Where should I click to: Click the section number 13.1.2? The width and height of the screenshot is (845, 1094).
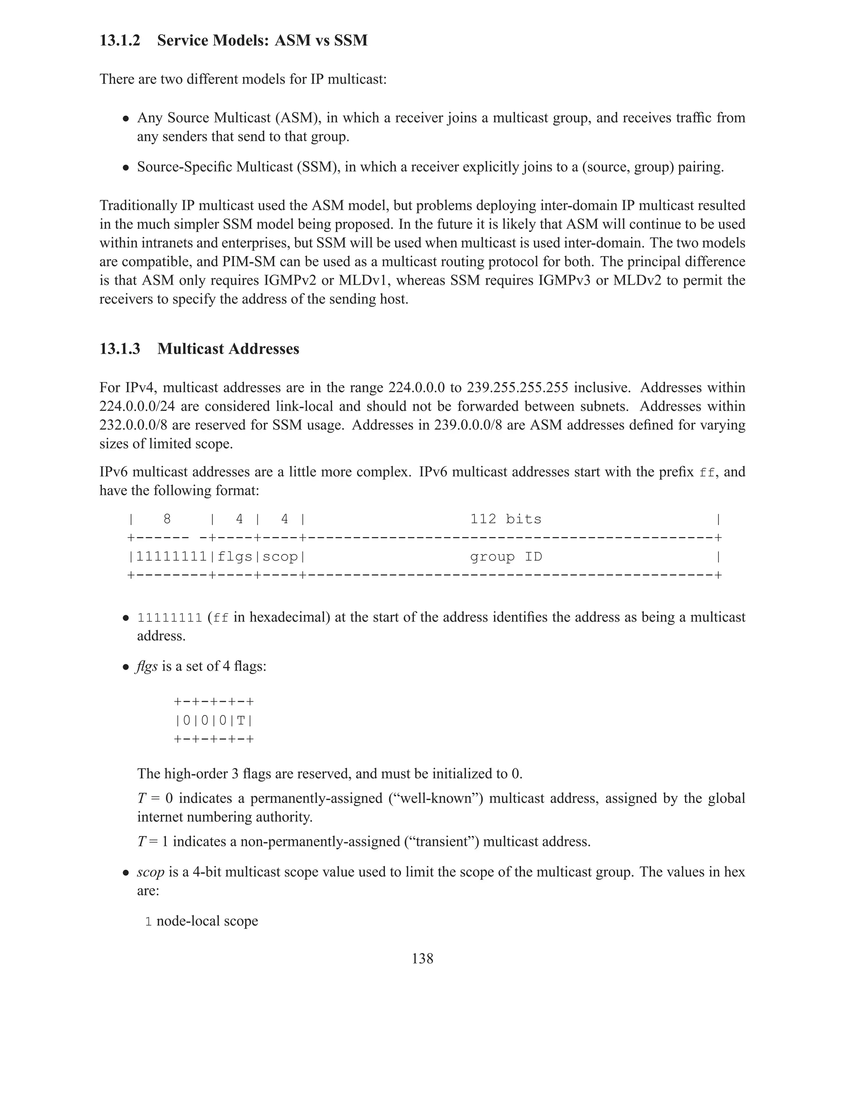click(x=120, y=40)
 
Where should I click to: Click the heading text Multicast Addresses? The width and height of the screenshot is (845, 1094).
click(x=228, y=349)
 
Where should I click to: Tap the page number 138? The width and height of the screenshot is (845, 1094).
click(x=422, y=958)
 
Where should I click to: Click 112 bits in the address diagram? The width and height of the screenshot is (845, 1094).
click(x=505, y=519)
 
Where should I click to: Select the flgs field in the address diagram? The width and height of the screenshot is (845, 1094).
click(x=234, y=556)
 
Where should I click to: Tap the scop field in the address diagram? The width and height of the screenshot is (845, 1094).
click(x=279, y=556)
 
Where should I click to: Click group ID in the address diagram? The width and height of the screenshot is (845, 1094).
click(x=505, y=556)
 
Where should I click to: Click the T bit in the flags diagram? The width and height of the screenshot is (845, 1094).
click(x=241, y=721)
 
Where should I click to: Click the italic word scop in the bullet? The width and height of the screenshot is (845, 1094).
click(x=151, y=872)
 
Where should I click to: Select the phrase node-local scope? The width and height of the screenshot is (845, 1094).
click(x=207, y=921)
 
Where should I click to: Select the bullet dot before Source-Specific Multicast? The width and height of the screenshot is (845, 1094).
click(x=127, y=168)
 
